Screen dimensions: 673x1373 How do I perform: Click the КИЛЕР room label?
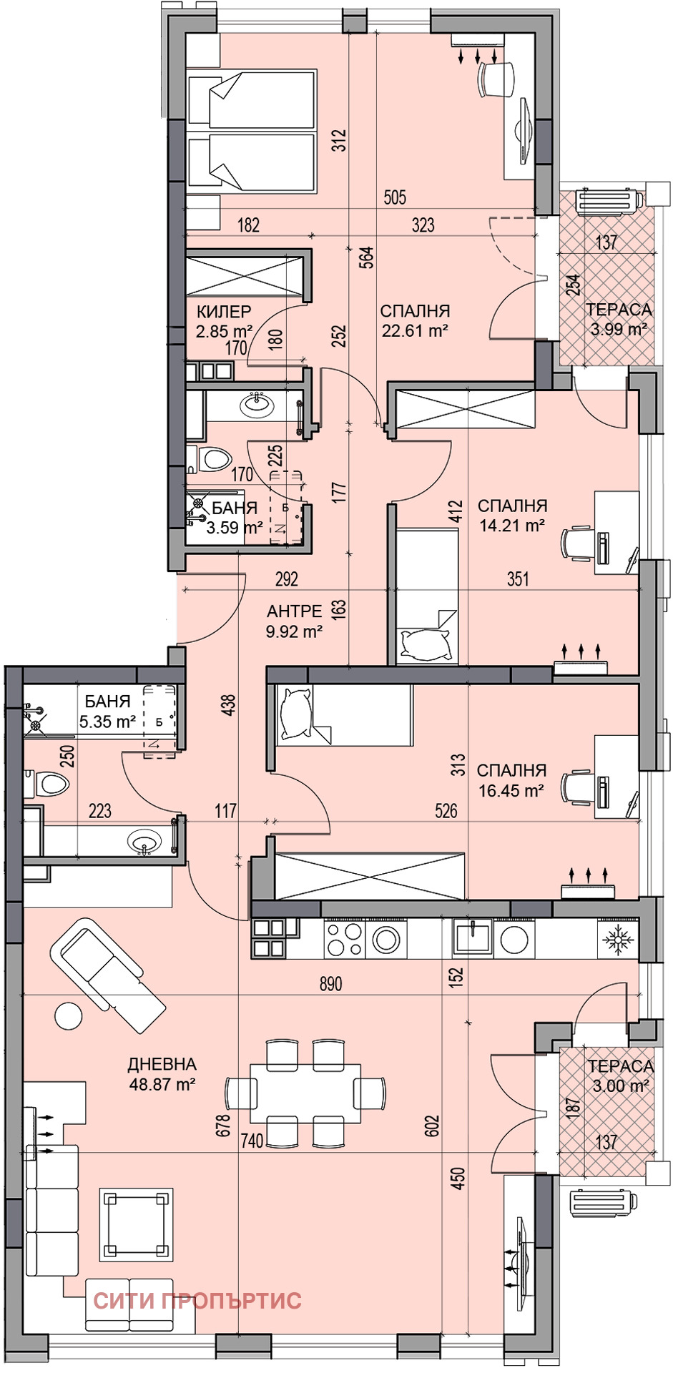coord(224,312)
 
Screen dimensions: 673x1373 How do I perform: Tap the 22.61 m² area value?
coord(415,330)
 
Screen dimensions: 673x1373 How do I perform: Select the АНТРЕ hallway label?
coord(294,611)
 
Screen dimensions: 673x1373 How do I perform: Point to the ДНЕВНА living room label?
coord(162,1065)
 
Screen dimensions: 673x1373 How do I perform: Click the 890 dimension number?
coord(330,984)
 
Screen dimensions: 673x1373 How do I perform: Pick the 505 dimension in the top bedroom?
coord(395,197)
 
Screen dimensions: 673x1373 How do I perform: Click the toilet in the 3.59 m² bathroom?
coord(210,458)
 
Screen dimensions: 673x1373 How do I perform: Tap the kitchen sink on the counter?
coord(472,938)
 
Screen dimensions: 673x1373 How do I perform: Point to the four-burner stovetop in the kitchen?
coord(344,938)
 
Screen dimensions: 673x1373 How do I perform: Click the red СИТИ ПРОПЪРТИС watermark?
coord(197,1300)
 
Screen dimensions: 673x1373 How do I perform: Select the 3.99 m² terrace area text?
coord(619,329)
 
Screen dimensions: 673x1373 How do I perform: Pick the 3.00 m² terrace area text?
coord(620,1086)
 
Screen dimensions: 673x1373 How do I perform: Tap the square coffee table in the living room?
coord(137,1225)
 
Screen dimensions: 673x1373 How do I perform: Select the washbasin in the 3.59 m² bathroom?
coord(255,405)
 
